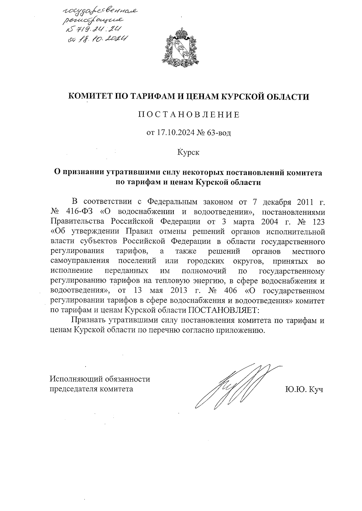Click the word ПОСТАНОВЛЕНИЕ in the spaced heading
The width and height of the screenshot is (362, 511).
[189, 115]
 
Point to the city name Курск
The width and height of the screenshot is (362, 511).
[188, 152]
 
